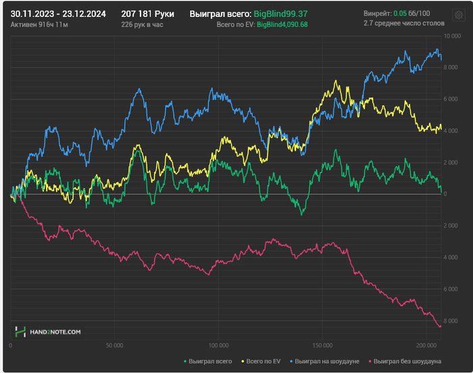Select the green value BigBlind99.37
(285, 14)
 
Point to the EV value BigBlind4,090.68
(282, 24)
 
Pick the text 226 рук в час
(143, 24)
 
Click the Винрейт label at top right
(376, 14)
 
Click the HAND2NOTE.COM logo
(49, 332)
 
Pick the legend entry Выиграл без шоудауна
(406, 361)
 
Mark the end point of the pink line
(441, 327)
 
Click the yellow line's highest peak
(337, 81)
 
